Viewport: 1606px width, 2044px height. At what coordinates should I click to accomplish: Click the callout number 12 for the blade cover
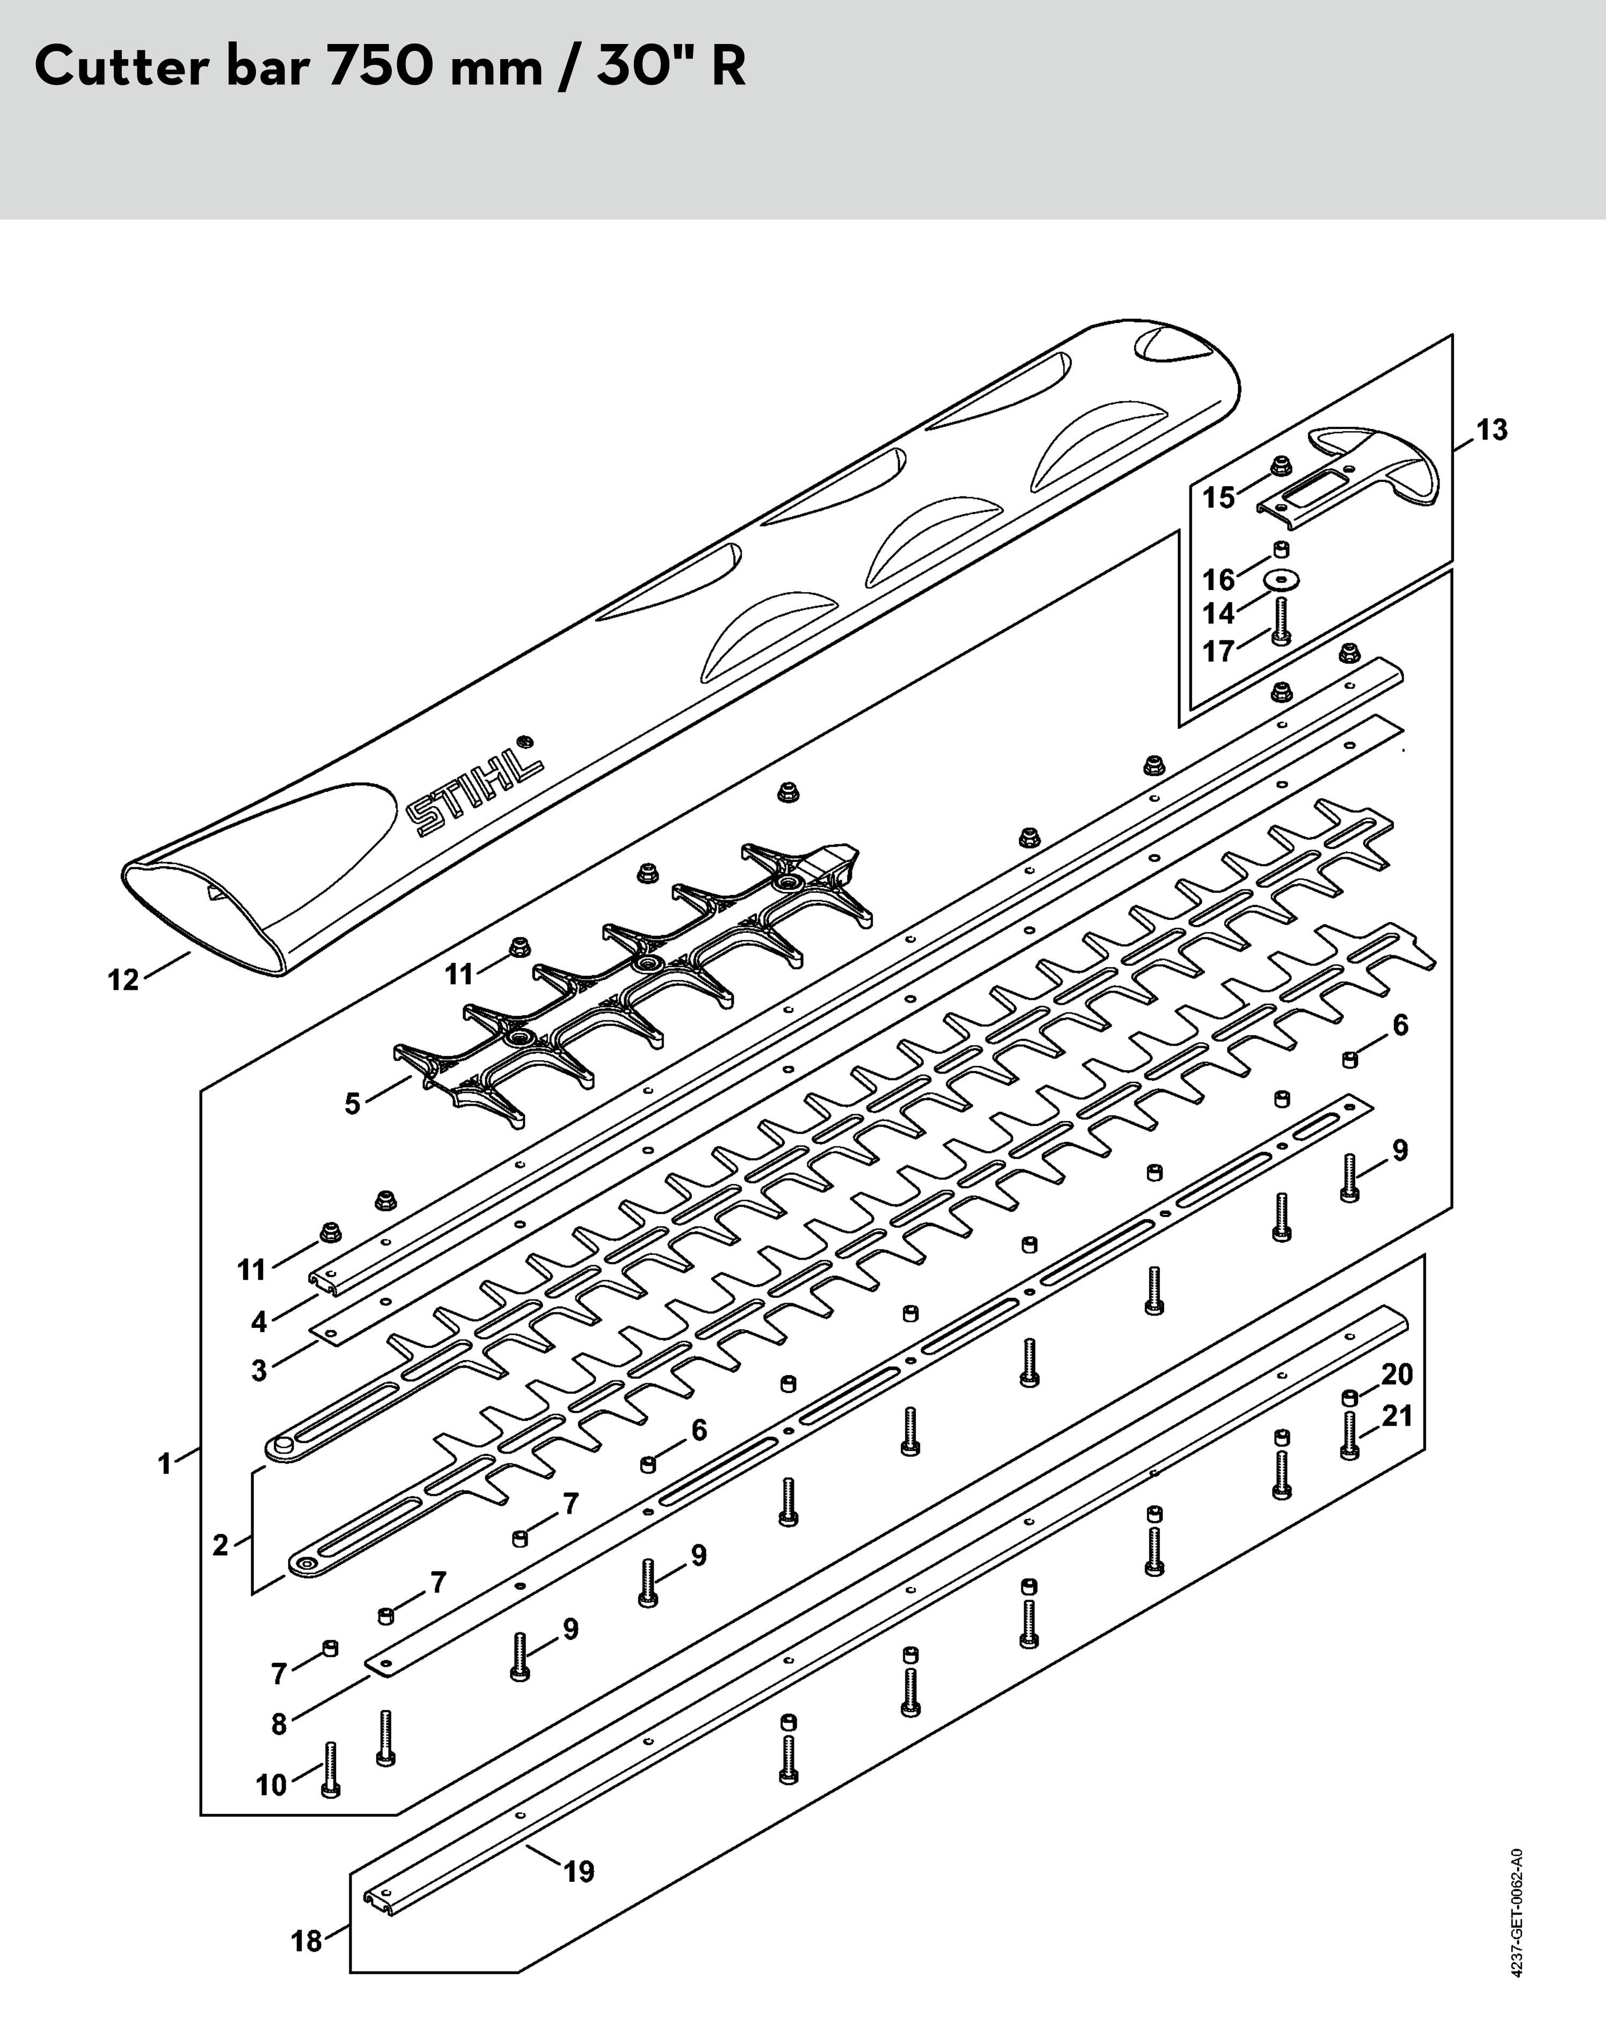coord(123,981)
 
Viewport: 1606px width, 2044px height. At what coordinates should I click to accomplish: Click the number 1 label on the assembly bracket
coord(165,1464)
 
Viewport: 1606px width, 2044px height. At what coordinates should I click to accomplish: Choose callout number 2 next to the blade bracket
coord(220,1545)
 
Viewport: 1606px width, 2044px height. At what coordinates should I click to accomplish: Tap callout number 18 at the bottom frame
coord(306,1941)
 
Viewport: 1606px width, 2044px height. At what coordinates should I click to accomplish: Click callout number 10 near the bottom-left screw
coord(271,1785)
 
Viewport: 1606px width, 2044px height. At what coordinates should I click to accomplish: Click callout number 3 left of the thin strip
coord(259,1371)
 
